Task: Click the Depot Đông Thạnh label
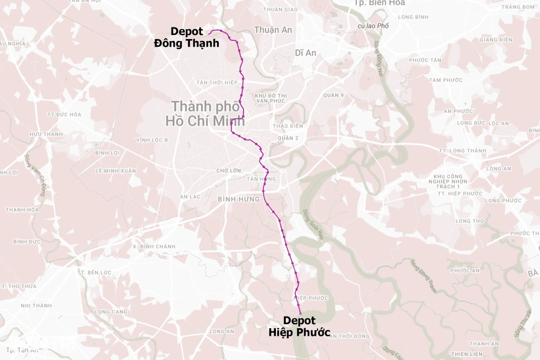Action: [186, 38]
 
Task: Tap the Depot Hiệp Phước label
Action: [299, 327]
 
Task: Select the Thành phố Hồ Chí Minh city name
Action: [205, 113]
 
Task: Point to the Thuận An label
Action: [273, 30]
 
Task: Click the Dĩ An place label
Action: [305, 52]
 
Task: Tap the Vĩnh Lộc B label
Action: [152, 140]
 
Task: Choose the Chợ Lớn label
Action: [229, 170]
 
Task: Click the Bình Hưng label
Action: [239, 200]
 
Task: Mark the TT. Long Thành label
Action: [463, 151]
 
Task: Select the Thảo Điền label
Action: [288, 126]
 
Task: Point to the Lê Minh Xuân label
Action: [115, 171]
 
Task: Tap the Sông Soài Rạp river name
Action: [312, 224]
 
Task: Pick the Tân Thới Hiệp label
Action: [217, 83]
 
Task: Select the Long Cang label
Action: [111, 312]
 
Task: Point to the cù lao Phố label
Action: [373, 26]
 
